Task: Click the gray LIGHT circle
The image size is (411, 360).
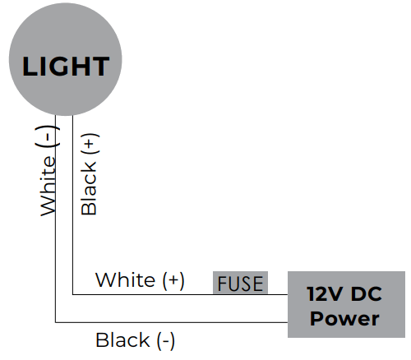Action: pyautogui.click(x=65, y=65)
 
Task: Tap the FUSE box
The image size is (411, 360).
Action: pyautogui.click(x=240, y=284)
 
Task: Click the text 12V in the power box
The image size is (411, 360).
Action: pyautogui.click(x=325, y=294)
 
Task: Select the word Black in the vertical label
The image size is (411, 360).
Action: pyautogui.click(x=89, y=187)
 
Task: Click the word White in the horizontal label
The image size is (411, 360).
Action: pyautogui.click(x=125, y=280)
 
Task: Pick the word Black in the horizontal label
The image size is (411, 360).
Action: pyautogui.click(x=122, y=339)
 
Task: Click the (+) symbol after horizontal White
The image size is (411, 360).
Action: pyautogui.click(x=172, y=280)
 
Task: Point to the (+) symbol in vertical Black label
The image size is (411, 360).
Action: pyautogui.click(x=89, y=146)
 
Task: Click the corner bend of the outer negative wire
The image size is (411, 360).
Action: pyautogui.click(x=55, y=322)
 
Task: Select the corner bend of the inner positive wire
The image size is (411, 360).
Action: pyautogui.click(x=73, y=293)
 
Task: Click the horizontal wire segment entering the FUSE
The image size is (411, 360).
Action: pyautogui.click(x=197, y=293)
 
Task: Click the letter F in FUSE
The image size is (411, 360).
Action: pyautogui.click(x=222, y=284)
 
